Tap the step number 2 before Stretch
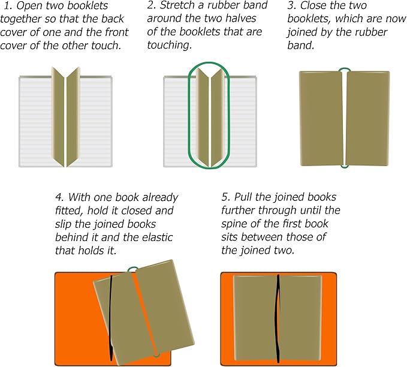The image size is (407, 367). pos(150,7)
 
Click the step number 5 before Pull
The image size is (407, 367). pos(225,197)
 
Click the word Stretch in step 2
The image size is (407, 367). pos(179,7)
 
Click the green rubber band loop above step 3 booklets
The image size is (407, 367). pos(344,70)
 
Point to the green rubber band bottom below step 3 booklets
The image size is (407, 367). pos(344,166)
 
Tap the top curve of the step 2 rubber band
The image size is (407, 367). pos(207,64)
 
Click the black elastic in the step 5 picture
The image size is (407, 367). pos(278,318)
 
